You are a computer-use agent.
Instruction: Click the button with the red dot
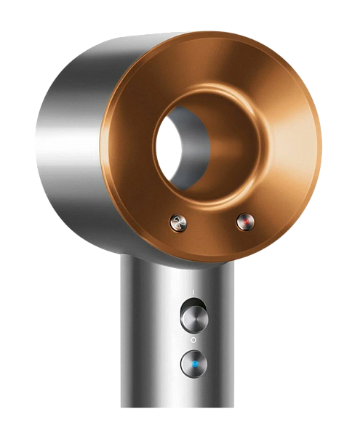pyautogui.click(x=244, y=222)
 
